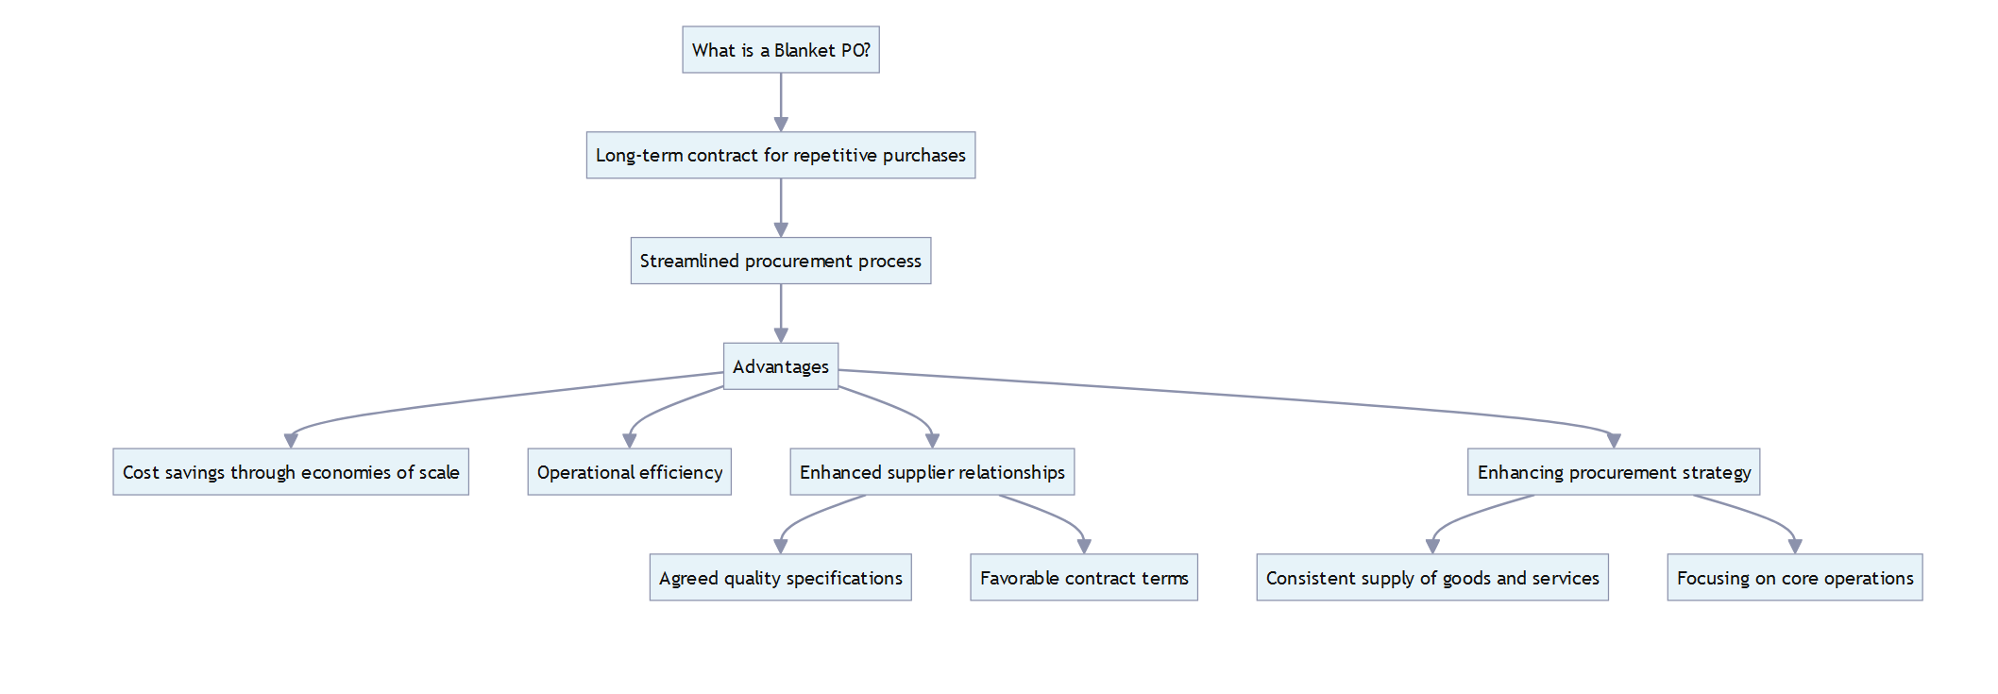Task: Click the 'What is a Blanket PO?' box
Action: (x=781, y=50)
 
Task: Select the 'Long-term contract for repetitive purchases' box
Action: (x=781, y=156)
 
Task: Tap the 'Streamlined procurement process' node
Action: (x=781, y=262)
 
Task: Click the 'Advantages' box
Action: (x=781, y=366)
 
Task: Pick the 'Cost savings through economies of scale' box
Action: (x=291, y=472)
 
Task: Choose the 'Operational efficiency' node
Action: (x=629, y=472)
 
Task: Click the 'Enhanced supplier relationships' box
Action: (x=932, y=472)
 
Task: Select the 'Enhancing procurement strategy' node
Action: (x=1614, y=472)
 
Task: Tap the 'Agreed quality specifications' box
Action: (x=780, y=578)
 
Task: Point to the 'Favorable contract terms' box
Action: (x=1084, y=578)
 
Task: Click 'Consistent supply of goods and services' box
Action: (x=1432, y=578)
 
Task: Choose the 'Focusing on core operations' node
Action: (x=1795, y=578)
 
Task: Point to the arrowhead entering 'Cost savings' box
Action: (x=291, y=441)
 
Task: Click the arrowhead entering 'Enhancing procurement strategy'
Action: (x=1614, y=441)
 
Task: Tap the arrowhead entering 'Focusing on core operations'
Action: (x=1795, y=547)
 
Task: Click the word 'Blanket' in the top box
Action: (x=804, y=51)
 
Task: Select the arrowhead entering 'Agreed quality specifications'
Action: (x=781, y=547)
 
